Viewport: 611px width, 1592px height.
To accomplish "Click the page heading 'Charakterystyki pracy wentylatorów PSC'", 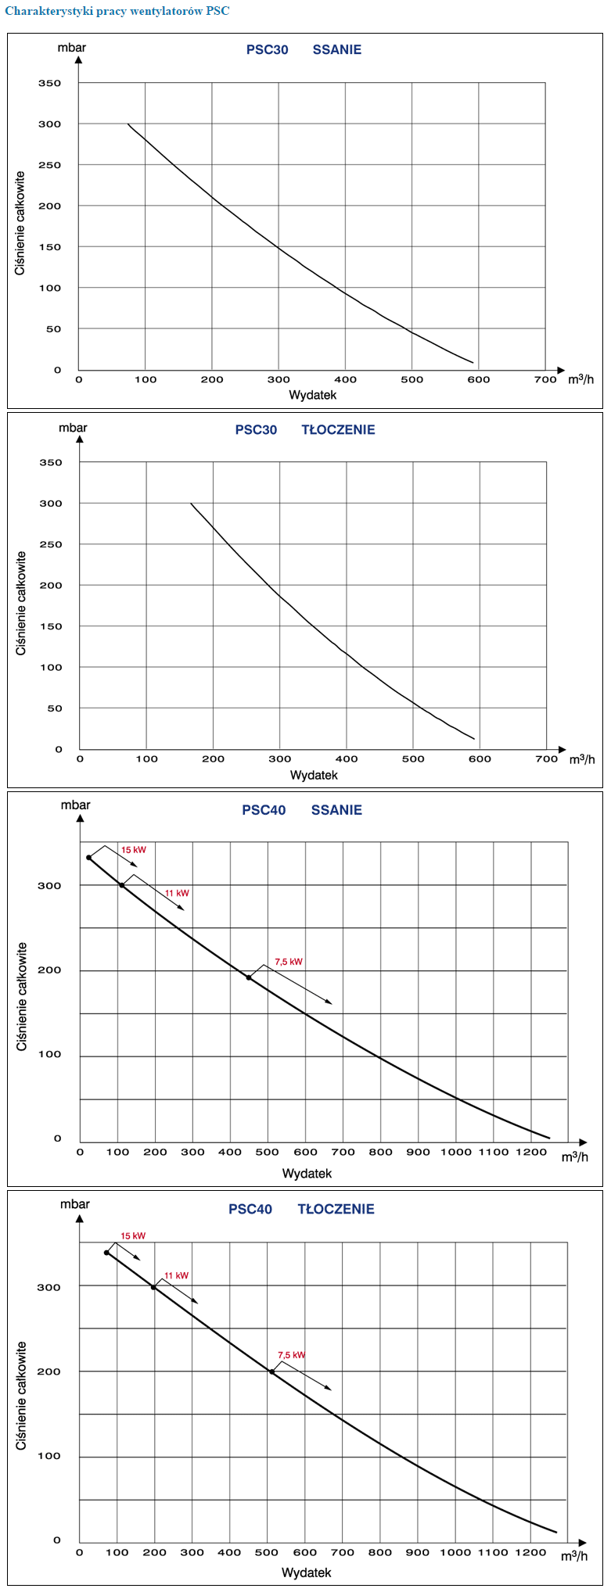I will point(117,11).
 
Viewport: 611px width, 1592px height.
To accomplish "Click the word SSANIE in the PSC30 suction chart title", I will point(336,50).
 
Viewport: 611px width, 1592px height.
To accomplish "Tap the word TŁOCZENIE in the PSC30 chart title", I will point(338,430).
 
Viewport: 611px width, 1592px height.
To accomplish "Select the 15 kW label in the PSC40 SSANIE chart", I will point(133,850).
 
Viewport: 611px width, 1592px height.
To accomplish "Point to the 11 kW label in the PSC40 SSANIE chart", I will point(177,893).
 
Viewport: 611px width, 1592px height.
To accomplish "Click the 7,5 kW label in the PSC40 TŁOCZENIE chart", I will point(291,1355).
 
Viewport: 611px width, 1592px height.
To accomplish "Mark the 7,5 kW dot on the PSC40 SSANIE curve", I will point(249,977).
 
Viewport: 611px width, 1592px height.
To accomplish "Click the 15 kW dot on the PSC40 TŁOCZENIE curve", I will point(106,1253).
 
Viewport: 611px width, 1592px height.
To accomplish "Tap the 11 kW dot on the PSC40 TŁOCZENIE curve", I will point(153,1287).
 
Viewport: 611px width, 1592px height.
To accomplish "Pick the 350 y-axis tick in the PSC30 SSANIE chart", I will point(49,83).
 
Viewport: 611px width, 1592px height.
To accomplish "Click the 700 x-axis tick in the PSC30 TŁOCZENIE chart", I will point(546,758).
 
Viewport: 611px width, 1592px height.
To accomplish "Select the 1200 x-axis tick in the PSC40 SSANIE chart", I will point(531,1152).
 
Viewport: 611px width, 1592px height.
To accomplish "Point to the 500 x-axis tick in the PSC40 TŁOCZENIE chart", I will point(267,1552).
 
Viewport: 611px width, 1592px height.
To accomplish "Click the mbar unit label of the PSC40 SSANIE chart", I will point(76,805).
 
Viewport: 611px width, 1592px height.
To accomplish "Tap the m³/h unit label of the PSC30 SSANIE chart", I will point(580,380).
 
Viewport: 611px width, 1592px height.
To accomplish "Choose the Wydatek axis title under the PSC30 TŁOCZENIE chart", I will point(314,775).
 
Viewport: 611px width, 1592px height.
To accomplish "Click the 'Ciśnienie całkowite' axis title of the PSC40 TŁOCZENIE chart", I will point(22,1396).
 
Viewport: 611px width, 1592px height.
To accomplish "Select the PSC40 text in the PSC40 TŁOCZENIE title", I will point(250,1209).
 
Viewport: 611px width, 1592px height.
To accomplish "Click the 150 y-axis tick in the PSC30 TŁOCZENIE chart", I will point(51,626).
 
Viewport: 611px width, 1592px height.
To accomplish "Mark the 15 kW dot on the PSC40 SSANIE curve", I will point(88,857).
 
